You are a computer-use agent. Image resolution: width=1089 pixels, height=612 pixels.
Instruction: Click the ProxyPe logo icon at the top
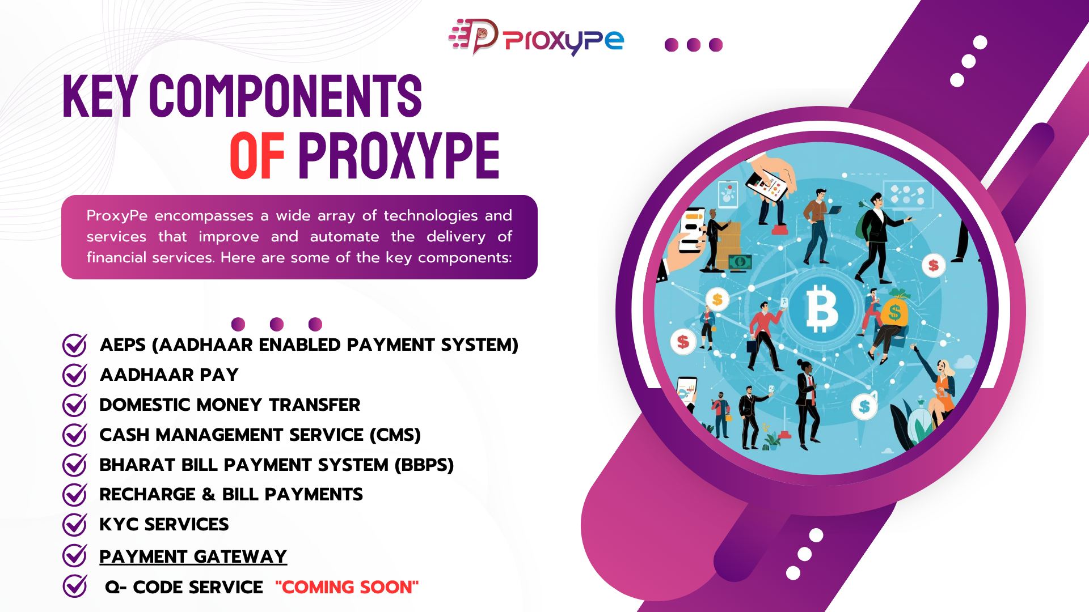tap(474, 36)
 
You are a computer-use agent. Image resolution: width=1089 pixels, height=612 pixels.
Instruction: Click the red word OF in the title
tap(257, 155)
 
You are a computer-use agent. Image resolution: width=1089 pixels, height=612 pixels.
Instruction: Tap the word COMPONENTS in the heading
tap(285, 96)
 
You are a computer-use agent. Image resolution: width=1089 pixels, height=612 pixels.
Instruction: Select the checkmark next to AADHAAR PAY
tap(74, 375)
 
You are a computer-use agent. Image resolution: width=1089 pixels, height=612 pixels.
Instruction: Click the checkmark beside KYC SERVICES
tap(74, 524)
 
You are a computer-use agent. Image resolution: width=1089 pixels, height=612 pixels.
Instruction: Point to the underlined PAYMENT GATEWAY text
tap(193, 556)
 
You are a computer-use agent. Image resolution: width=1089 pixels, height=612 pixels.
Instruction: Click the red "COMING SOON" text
tap(347, 587)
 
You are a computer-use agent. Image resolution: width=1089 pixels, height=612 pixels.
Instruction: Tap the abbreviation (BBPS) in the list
tap(424, 465)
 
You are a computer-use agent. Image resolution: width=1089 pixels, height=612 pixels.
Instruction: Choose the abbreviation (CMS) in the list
tap(395, 435)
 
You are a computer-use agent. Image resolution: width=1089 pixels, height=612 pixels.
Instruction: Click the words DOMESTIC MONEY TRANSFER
tap(230, 405)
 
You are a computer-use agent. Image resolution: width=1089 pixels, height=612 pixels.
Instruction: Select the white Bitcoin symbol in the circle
tap(822, 308)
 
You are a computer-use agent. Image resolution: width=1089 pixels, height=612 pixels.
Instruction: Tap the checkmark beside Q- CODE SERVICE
tap(74, 586)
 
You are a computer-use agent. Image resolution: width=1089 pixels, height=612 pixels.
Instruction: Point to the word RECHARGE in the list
tap(147, 494)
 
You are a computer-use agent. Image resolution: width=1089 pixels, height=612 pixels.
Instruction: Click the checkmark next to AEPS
tap(74, 345)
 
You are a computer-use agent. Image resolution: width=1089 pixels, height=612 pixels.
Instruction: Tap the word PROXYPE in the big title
tap(399, 155)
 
